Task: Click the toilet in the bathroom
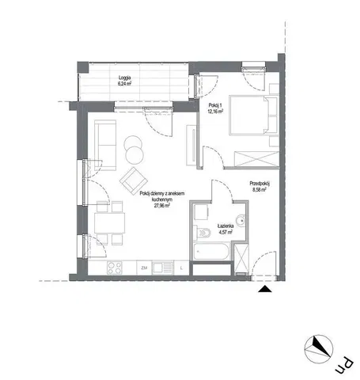(203, 232)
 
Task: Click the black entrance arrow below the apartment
(264, 291)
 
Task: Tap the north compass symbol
(322, 346)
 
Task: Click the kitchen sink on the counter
(161, 267)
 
